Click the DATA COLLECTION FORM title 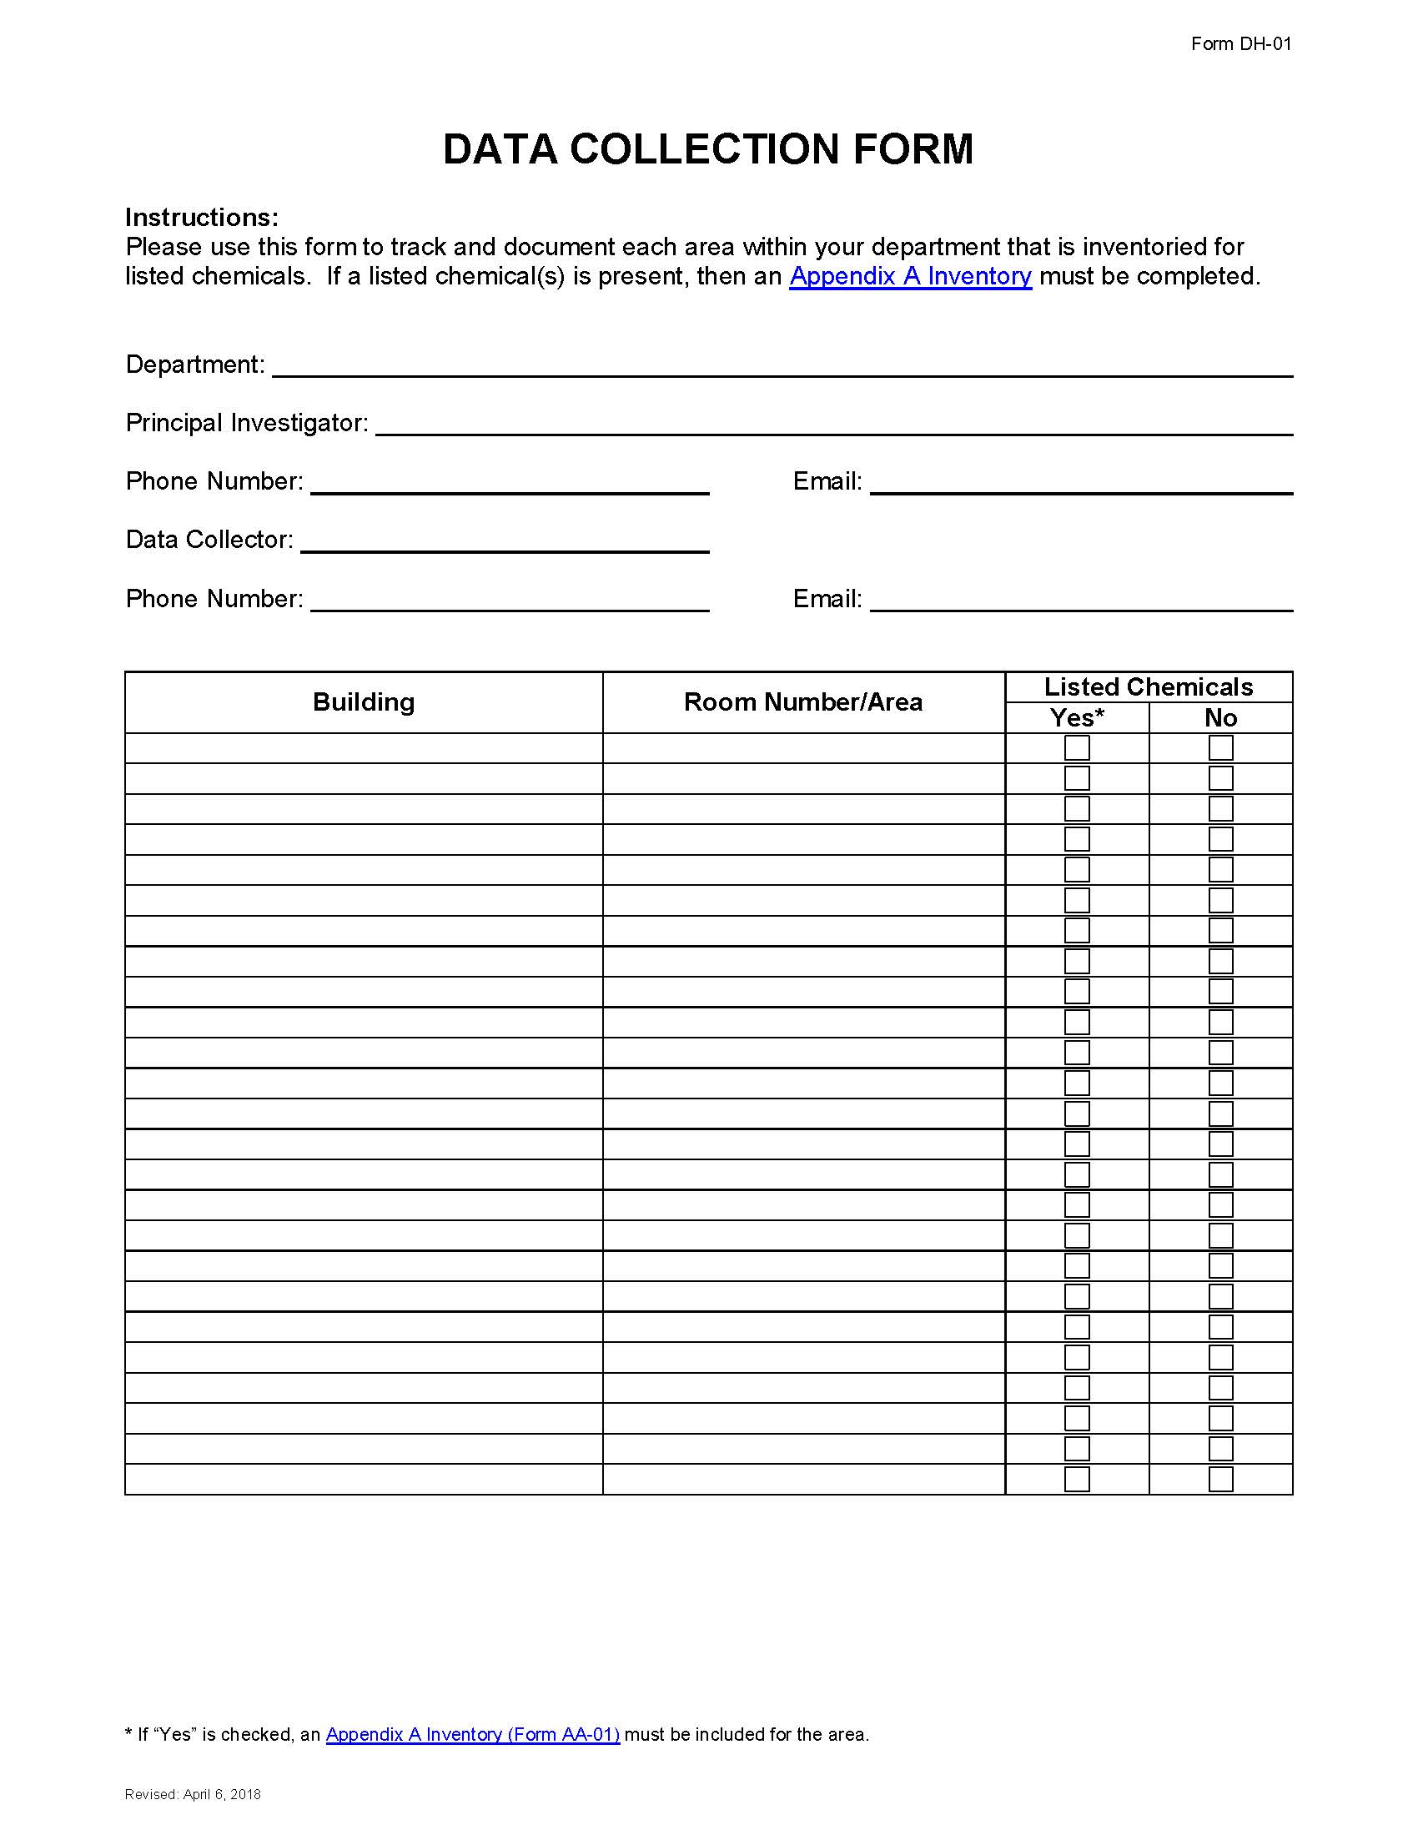pyautogui.click(x=708, y=149)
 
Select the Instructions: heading pyautogui.click(x=202, y=218)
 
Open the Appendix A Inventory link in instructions pyautogui.click(x=910, y=276)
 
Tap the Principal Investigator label pyautogui.click(x=247, y=423)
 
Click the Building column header pyautogui.click(x=364, y=702)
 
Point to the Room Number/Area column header pyautogui.click(x=803, y=702)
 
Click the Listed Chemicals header pyautogui.click(x=1148, y=687)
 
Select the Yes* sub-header pyautogui.click(x=1076, y=718)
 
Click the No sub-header pyautogui.click(x=1219, y=718)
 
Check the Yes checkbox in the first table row pyautogui.click(x=1076, y=748)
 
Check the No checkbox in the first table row pyautogui.click(x=1219, y=748)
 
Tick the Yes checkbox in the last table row pyautogui.click(x=1076, y=1479)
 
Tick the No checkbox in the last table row pyautogui.click(x=1219, y=1479)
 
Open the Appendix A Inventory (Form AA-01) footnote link pyautogui.click(x=472, y=1734)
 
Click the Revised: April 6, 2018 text pyautogui.click(x=193, y=1795)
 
